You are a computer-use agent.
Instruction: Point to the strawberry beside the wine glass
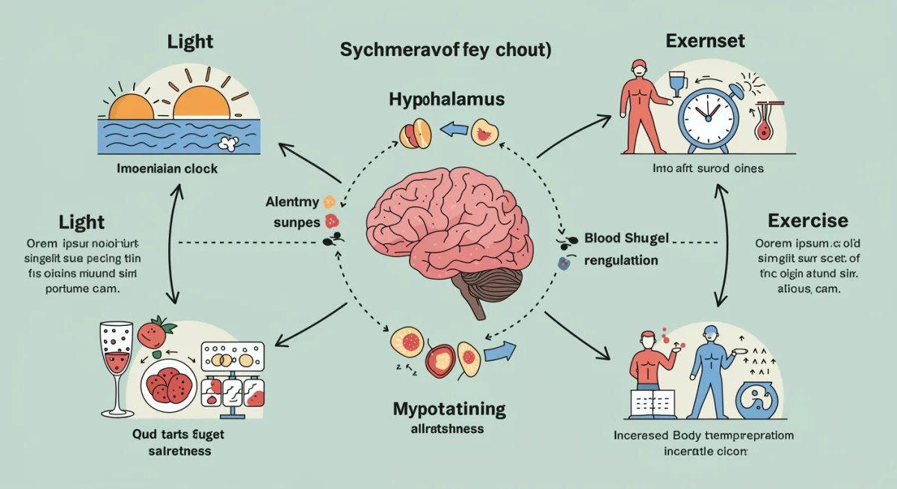(155, 332)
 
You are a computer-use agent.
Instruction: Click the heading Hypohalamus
(447, 99)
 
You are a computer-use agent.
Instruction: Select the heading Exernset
(706, 40)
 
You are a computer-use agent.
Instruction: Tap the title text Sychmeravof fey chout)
(446, 51)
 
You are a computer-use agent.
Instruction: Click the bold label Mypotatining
(449, 409)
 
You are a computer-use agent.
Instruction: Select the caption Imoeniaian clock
(167, 168)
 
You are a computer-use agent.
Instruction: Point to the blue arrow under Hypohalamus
(452, 131)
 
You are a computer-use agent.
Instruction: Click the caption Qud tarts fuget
(168, 434)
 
